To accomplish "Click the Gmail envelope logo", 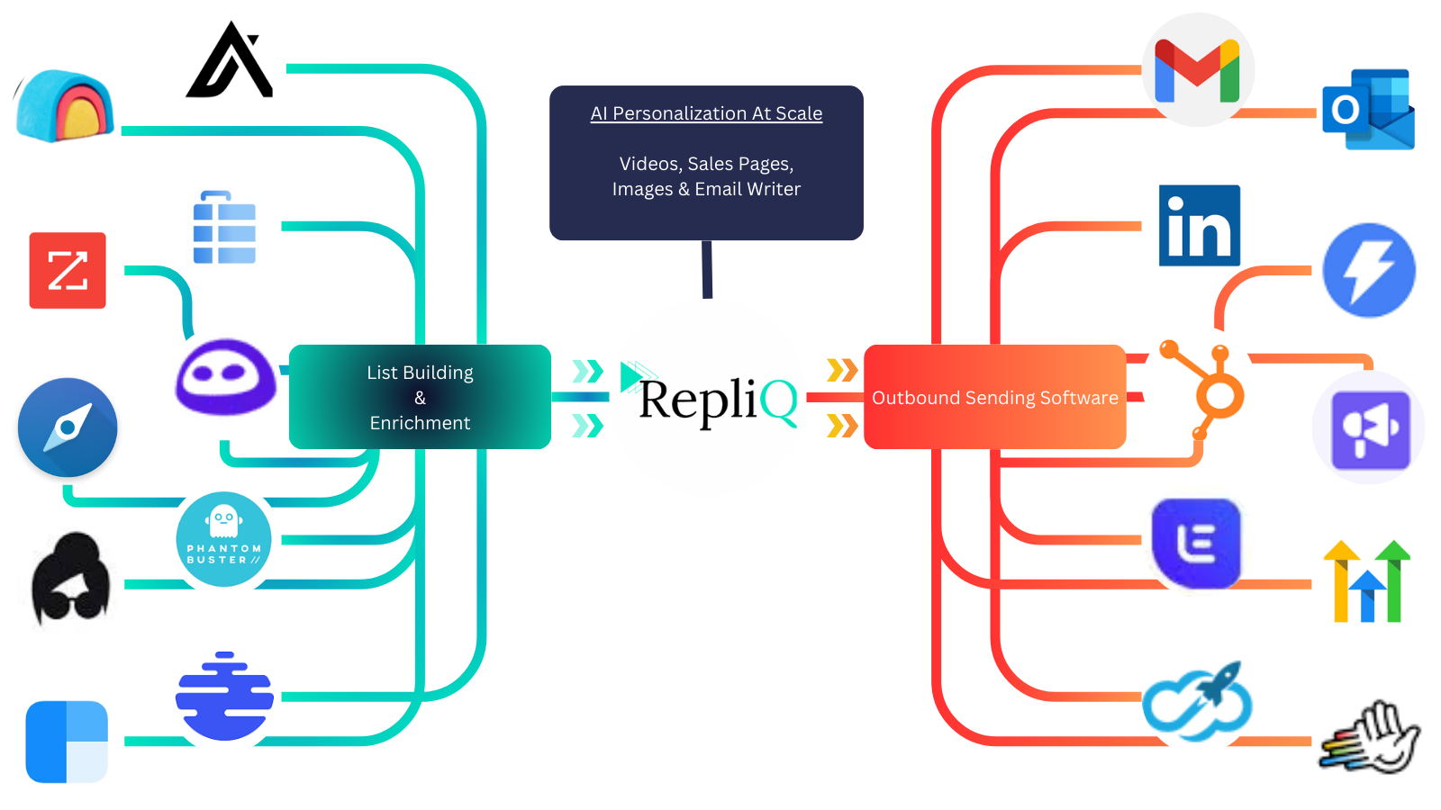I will coord(1197,69).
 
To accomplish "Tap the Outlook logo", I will coord(1372,112).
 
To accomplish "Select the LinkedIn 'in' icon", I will coord(1199,225).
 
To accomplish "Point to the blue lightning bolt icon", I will coord(1368,270).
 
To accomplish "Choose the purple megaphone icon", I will coord(1369,428).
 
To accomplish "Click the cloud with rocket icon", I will coord(1198,698).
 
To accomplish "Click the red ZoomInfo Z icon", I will coord(68,270).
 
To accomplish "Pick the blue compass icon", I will coord(68,427).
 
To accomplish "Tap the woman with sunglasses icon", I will coord(68,583).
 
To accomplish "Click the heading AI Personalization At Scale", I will coord(706,113).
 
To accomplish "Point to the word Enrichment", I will coord(420,423).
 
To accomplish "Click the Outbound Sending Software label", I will coord(994,398).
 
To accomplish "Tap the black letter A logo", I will coord(229,65).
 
